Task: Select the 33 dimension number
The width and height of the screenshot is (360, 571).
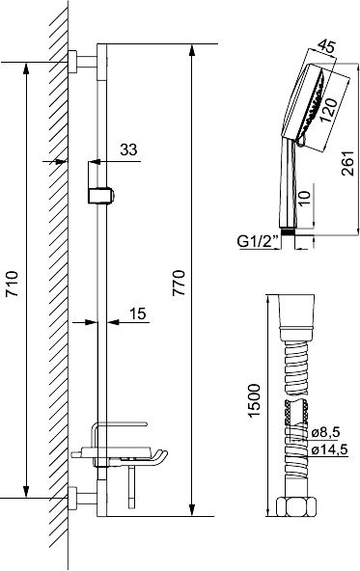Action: pyautogui.click(x=128, y=150)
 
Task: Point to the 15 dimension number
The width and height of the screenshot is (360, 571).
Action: pyautogui.click(x=138, y=313)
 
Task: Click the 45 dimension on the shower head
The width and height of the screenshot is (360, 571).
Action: pyautogui.click(x=326, y=46)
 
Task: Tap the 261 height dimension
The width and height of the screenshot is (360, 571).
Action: pyautogui.click(x=347, y=163)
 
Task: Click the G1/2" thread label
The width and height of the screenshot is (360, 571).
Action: pyautogui.click(x=258, y=241)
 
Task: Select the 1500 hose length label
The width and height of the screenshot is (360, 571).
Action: pyautogui.click(x=254, y=400)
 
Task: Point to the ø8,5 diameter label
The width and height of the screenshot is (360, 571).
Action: pyautogui.click(x=326, y=432)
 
